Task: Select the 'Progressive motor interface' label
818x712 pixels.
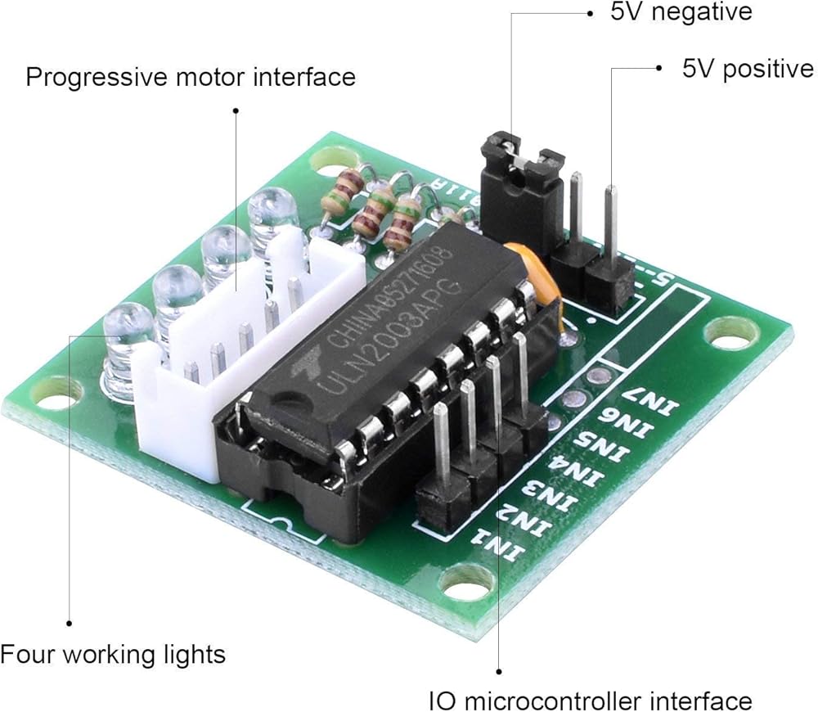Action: coord(191,77)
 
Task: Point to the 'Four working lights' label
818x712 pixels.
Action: coord(112,655)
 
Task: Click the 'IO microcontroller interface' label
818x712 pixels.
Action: coord(590,701)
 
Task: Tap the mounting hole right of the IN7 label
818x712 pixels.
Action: coord(730,331)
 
